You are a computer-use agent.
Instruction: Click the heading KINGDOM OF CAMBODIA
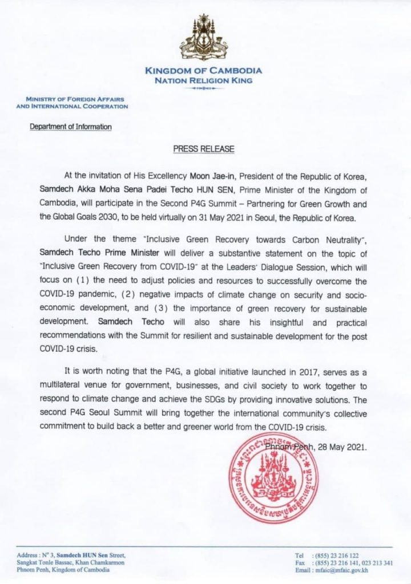click(x=204, y=71)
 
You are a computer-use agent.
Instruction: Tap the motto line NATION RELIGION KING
click(x=204, y=81)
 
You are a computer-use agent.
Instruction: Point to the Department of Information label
click(x=71, y=126)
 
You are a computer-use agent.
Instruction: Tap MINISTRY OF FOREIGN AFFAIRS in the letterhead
click(x=72, y=98)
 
